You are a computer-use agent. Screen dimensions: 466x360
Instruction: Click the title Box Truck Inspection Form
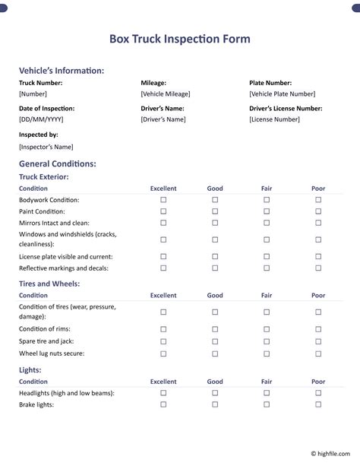tap(179, 39)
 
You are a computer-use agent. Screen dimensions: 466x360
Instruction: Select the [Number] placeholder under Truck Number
tap(33, 94)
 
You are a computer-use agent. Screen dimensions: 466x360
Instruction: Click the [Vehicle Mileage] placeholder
tap(166, 94)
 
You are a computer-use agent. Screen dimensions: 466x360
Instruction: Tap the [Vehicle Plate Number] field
tap(282, 94)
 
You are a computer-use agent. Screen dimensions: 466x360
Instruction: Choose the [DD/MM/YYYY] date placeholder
tap(41, 119)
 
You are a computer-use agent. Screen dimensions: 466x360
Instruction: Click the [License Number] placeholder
tap(274, 119)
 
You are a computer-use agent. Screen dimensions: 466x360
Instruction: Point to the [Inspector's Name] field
tap(46, 146)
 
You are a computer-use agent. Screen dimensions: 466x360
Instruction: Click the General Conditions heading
tap(57, 163)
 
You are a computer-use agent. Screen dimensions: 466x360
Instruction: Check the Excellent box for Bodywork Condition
tap(163, 200)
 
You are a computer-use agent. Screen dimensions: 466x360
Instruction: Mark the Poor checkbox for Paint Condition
tap(318, 211)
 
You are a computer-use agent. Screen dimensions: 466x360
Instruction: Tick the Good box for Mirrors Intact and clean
tap(215, 223)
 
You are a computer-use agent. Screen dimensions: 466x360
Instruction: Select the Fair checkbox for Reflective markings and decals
tap(267, 268)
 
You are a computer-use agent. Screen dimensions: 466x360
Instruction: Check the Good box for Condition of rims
tap(215, 329)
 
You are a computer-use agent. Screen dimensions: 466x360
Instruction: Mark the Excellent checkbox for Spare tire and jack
tap(163, 341)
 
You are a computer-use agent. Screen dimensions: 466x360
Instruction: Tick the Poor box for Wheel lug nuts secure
tap(318, 353)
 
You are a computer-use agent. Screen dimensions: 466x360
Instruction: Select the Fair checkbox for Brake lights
tap(267, 405)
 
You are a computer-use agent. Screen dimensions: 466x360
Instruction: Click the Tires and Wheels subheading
tap(49, 284)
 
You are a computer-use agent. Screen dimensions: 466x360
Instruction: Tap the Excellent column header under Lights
tap(163, 382)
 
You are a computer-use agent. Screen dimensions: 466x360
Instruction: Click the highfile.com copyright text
tap(332, 453)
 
